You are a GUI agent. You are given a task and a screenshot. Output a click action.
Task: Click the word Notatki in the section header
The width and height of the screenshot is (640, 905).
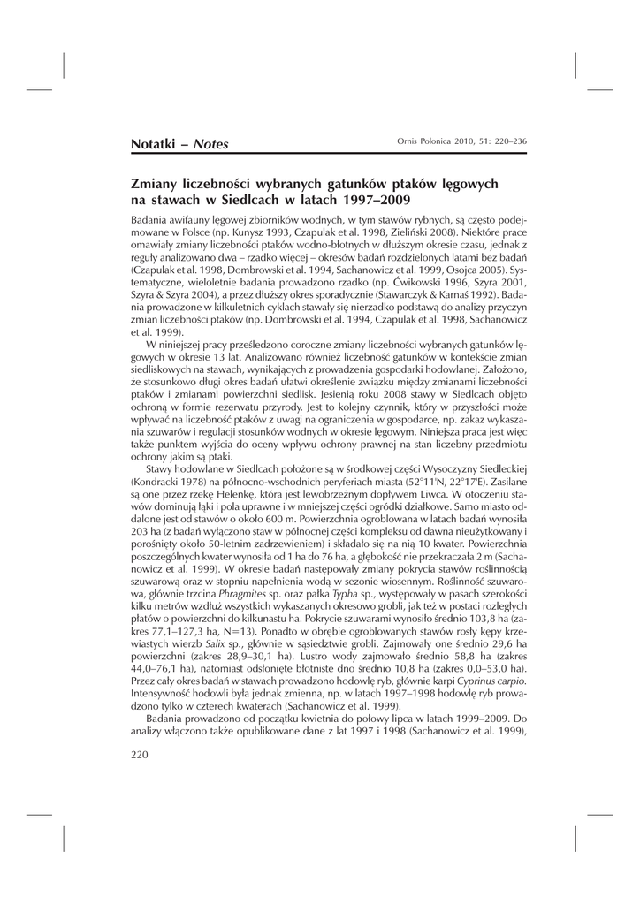[x=155, y=143]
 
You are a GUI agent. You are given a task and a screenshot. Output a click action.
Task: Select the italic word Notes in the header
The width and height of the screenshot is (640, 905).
[x=211, y=143]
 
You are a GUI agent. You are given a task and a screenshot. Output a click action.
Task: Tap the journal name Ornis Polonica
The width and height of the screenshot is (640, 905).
[x=420, y=142]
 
